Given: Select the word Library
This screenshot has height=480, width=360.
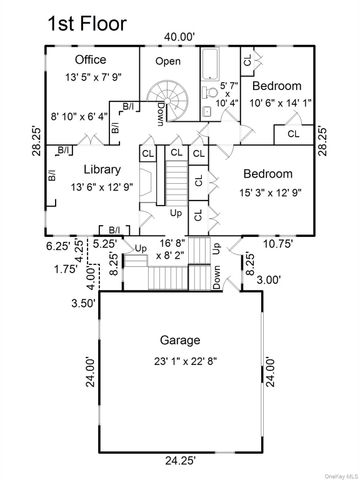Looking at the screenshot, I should tap(103, 169).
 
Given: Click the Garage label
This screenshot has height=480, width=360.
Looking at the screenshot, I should tap(179, 339).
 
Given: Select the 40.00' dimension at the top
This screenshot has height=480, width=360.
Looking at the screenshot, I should tap(179, 36).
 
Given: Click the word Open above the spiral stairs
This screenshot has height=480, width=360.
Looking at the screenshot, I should tap(167, 61).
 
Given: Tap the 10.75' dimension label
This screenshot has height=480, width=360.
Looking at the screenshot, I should tap(277, 243).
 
